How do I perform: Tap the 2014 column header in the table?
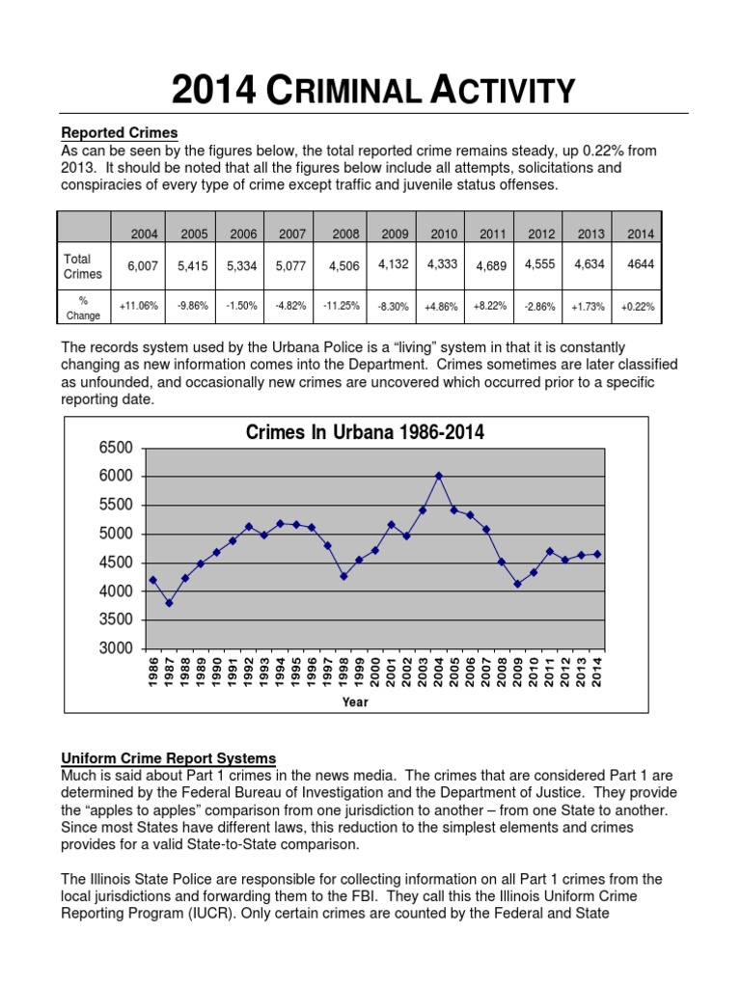tap(641, 234)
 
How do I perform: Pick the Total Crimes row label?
tap(82, 266)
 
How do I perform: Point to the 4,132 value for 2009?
tap(393, 263)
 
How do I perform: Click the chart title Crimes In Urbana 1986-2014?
tap(365, 433)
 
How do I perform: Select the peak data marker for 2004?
tap(438, 476)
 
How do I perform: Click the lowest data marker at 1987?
tap(169, 603)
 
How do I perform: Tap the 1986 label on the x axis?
tap(153, 672)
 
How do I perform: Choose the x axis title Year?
tap(354, 702)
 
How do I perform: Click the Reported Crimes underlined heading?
tap(120, 133)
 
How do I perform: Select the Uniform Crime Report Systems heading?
tap(169, 758)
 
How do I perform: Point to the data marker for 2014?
tap(598, 554)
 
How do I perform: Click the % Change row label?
tap(82, 307)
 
